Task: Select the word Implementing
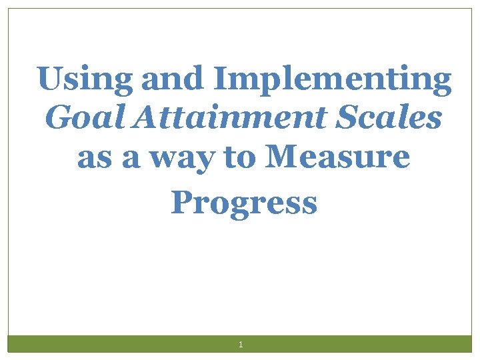(x=333, y=80)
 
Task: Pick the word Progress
(x=243, y=203)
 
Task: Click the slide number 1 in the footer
(x=241, y=345)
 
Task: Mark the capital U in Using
(x=49, y=79)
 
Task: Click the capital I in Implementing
(x=221, y=79)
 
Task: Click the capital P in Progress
(x=181, y=201)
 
